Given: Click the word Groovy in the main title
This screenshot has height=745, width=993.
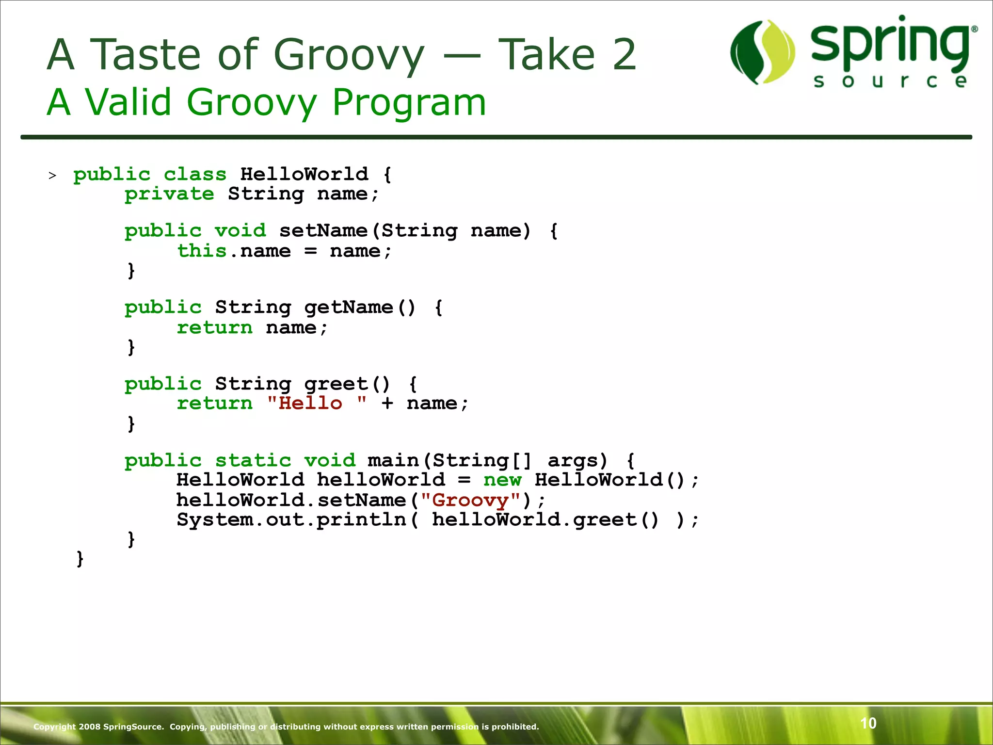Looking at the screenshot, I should pyautogui.click(x=349, y=55).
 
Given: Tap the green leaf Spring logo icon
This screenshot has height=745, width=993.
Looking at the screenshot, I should pyautogui.click(x=763, y=52).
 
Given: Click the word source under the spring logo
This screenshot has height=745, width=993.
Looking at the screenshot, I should pyautogui.click(x=890, y=81).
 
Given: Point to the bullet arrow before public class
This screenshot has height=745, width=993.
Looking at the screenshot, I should pyautogui.click(x=52, y=176).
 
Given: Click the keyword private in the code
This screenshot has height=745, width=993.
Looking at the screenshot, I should pyautogui.click(x=169, y=194).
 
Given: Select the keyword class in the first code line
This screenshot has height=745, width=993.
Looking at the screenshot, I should pyautogui.click(x=195, y=174).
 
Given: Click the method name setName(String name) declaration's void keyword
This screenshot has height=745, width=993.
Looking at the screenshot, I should pyautogui.click(x=240, y=230).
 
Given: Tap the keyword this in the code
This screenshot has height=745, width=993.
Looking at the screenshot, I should pyautogui.click(x=202, y=251).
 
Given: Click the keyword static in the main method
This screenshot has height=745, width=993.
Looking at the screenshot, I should pyautogui.click(x=253, y=460).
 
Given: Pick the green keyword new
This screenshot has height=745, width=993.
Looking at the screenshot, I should pyautogui.click(x=502, y=480).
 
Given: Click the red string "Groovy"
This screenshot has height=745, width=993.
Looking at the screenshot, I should pyautogui.click(x=470, y=500).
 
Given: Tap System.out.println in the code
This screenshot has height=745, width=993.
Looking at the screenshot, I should pyautogui.click(x=291, y=519).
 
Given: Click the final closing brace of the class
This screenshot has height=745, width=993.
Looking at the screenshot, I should pyautogui.click(x=80, y=559).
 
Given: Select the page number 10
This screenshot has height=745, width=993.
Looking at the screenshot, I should pyautogui.click(x=868, y=723).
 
